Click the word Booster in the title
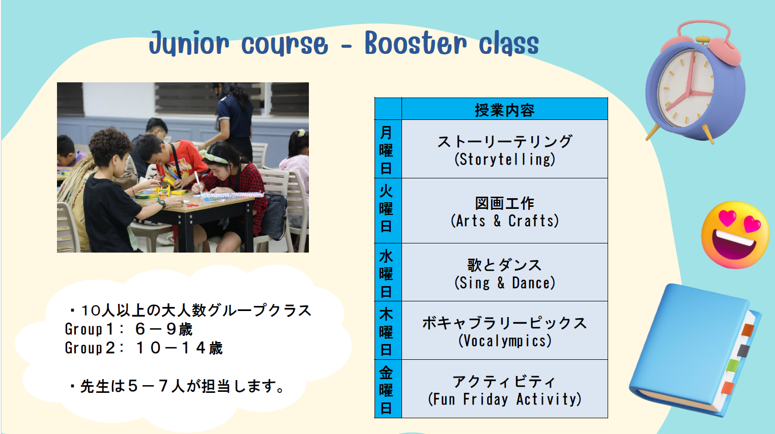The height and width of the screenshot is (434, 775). coord(416,43)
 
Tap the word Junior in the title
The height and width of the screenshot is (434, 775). coord(189,44)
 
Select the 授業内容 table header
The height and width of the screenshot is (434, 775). coord(504,110)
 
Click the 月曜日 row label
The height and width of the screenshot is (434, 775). coord(386,150)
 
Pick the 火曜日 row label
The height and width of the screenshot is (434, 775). coord(386,208)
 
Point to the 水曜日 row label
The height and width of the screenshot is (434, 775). coord(386,274)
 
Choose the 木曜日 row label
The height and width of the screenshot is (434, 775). coord(386,332)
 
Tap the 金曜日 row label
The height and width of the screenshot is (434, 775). coord(386,390)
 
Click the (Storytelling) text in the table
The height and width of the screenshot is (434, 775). coord(505,160)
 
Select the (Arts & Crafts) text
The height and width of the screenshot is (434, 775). coord(505,221)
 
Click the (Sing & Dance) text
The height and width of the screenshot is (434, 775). coord(505,283)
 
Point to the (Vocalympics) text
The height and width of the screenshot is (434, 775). coord(505,341)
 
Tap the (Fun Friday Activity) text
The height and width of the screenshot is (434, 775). coord(505,399)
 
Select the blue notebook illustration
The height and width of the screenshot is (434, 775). coord(696,350)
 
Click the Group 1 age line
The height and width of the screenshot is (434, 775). coord(128,329)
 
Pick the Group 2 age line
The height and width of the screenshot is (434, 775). coord(143,348)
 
